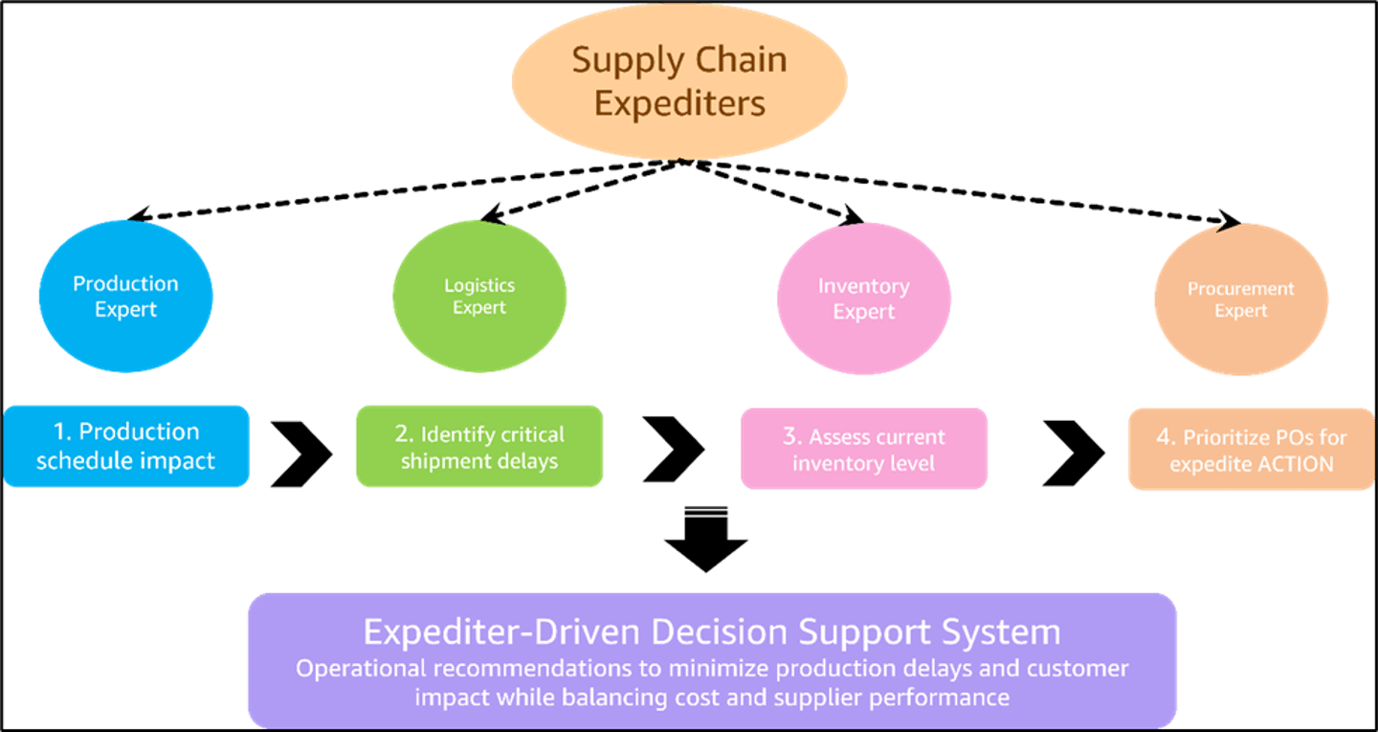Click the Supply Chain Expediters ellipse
pyautogui.click(x=679, y=81)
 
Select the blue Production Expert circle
pyautogui.click(x=125, y=297)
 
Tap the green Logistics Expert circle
pyautogui.click(x=479, y=297)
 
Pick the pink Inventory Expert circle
pyautogui.click(x=863, y=299)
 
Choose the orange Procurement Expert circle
pyautogui.click(x=1240, y=299)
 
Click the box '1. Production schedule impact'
pyautogui.click(x=126, y=447)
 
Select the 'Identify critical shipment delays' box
pyautogui.click(x=479, y=448)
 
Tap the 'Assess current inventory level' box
pyautogui.click(x=863, y=450)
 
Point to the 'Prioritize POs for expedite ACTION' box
pyautogui.click(x=1251, y=451)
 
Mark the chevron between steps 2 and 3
pyautogui.click(x=674, y=450)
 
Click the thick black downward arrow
pyautogui.click(x=706, y=538)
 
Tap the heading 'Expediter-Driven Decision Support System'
pyautogui.click(x=711, y=632)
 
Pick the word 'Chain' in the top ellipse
pyautogui.click(x=740, y=59)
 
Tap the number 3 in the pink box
pyautogui.click(x=790, y=436)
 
